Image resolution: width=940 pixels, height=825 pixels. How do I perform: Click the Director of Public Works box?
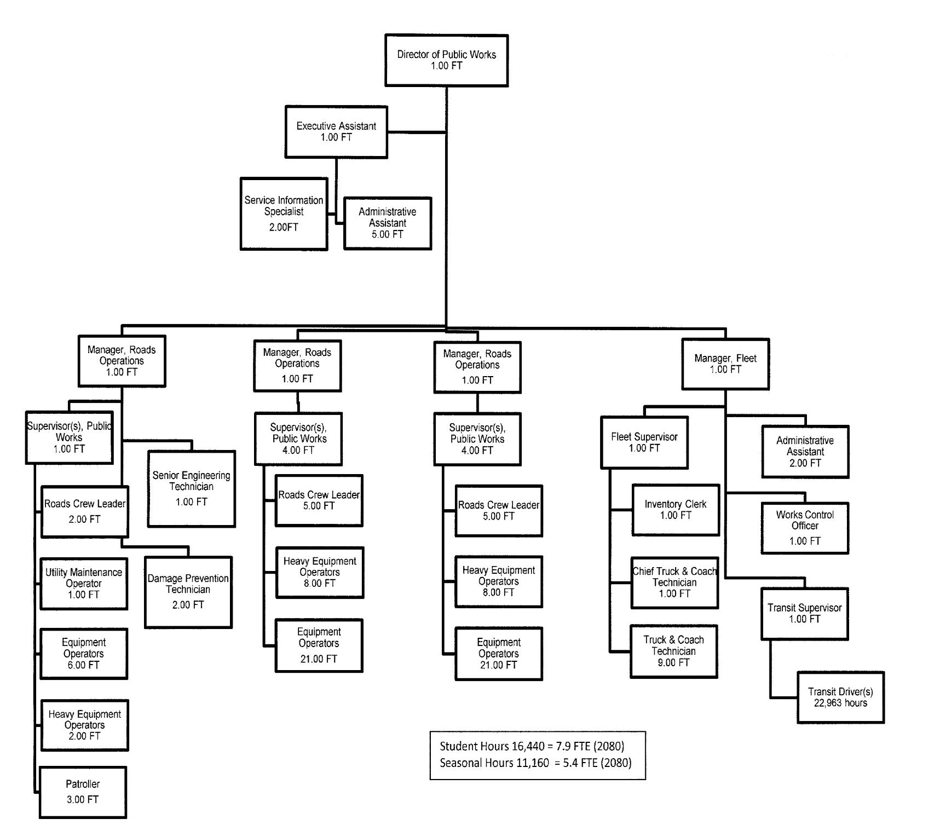click(x=446, y=60)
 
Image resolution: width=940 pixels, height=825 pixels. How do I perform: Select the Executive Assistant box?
click(x=336, y=132)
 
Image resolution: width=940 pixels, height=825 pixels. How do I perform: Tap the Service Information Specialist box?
click(x=284, y=214)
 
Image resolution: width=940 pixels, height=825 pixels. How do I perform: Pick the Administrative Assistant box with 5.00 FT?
click(x=387, y=223)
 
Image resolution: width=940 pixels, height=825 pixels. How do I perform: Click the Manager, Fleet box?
click(x=725, y=364)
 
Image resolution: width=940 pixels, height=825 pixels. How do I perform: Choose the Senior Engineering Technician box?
click(x=191, y=488)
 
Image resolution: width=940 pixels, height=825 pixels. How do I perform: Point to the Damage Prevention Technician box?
click(x=188, y=592)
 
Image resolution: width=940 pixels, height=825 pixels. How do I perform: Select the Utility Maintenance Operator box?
click(x=84, y=584)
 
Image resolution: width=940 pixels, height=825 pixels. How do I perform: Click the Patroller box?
click(x=83, y=792)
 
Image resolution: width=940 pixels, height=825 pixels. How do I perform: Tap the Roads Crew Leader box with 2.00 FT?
click(x=84, y=511)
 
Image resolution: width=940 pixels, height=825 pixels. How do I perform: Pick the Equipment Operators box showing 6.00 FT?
click(x=83, y=654)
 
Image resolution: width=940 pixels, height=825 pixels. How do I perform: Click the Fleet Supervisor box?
click(x=644, y=442)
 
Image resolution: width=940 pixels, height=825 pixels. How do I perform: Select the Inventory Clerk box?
click(x=675, y=510)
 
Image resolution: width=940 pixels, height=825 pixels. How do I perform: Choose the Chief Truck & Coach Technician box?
click(x=674, y=582)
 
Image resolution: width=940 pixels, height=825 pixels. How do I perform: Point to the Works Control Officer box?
click(x=804, y=528)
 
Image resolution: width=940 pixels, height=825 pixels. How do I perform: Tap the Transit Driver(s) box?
click(x=840, y=697)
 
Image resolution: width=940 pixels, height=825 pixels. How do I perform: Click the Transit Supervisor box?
click(x=804, y=614)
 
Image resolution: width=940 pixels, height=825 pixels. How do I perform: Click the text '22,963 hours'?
click(x=840, y=703)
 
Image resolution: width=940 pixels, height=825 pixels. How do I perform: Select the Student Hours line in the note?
click(x=532, y=746)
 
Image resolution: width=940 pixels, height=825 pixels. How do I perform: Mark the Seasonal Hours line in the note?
click(x=535, y=763)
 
